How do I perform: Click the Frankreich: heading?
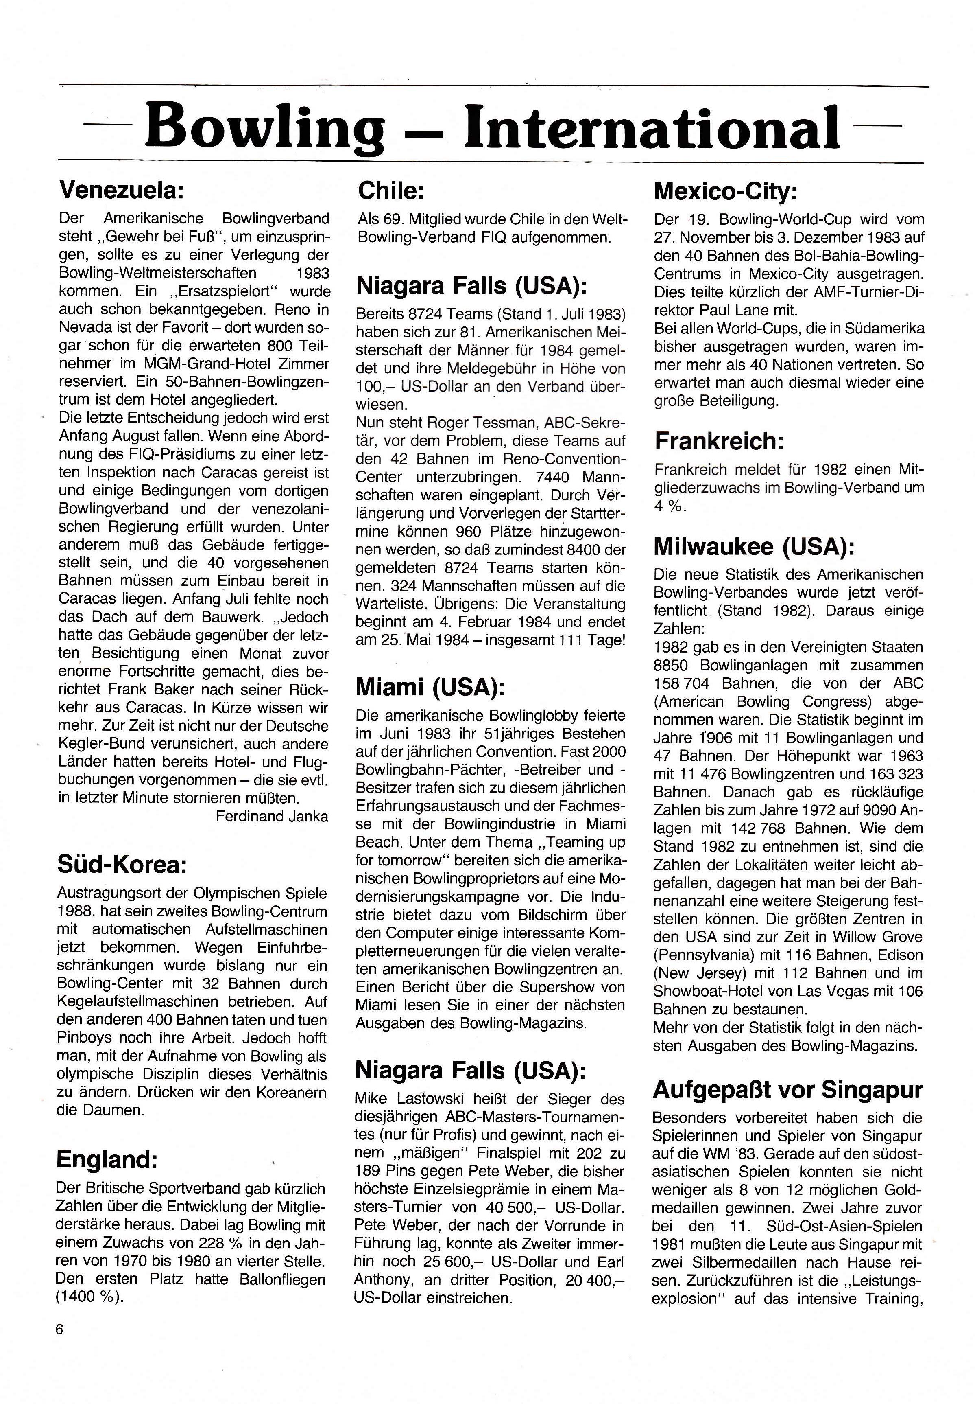(x=719, y=441)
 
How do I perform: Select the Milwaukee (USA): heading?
(x=753, y=546)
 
